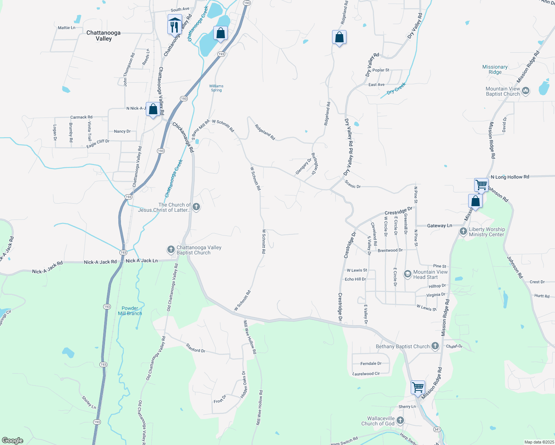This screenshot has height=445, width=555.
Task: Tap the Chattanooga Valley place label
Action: click(x=104, y=36)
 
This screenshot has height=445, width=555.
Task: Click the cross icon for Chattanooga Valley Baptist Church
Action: click(x=171, y=250)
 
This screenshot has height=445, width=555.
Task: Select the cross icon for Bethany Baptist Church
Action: click(x=435, y=346)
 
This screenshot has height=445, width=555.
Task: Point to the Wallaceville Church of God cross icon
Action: click(x=400, y=421)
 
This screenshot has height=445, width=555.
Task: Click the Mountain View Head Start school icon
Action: click(x=407, y=274)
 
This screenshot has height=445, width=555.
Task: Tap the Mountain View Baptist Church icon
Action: click(x=525, y=91)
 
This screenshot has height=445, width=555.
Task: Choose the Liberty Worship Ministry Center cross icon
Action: click(x=463, y=232)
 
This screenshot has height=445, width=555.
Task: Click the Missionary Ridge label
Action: click(x=495, y=69)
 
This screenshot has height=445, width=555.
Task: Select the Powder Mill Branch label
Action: click(x=130, y=311)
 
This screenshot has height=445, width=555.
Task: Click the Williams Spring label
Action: click(x=216, y=88)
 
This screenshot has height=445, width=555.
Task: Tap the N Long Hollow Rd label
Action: click(x=510, y=177)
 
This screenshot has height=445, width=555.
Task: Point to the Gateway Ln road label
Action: click(x=440, y=225)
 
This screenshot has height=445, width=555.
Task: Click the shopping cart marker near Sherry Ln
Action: click(x=418, y=388)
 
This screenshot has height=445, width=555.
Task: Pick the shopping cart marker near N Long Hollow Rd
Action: click(x=481, y=184)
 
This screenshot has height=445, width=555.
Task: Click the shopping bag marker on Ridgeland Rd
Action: click(x=339, y=37)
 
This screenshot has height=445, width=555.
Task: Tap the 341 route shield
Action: click(x=437, y=429)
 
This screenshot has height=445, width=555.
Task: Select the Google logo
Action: click(x=13, y=441)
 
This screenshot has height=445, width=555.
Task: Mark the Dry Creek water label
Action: click(x=396, y=89)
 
